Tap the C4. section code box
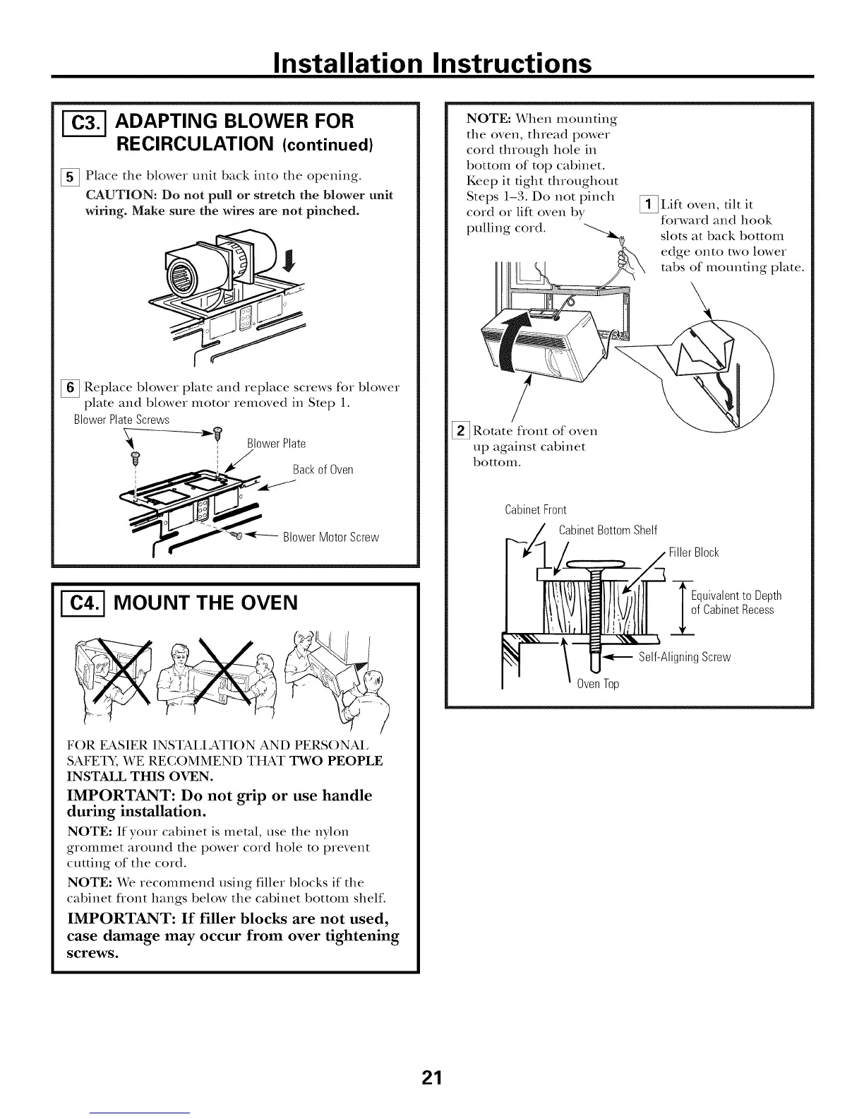(x=81, y=603)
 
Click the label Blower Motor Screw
(x=330, y=537)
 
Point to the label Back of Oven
(x=323, y=470)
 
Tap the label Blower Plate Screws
(x=121, y=420)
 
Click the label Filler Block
(x=693, y=552)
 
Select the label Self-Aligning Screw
(x=684, y=657)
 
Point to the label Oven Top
(x=597, y=684)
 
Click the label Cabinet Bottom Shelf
(x=608, y=531)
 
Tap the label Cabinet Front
(x=536, y=510)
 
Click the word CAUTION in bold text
(x=116, y=195)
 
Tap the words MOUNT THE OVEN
(x=205, y=603)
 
